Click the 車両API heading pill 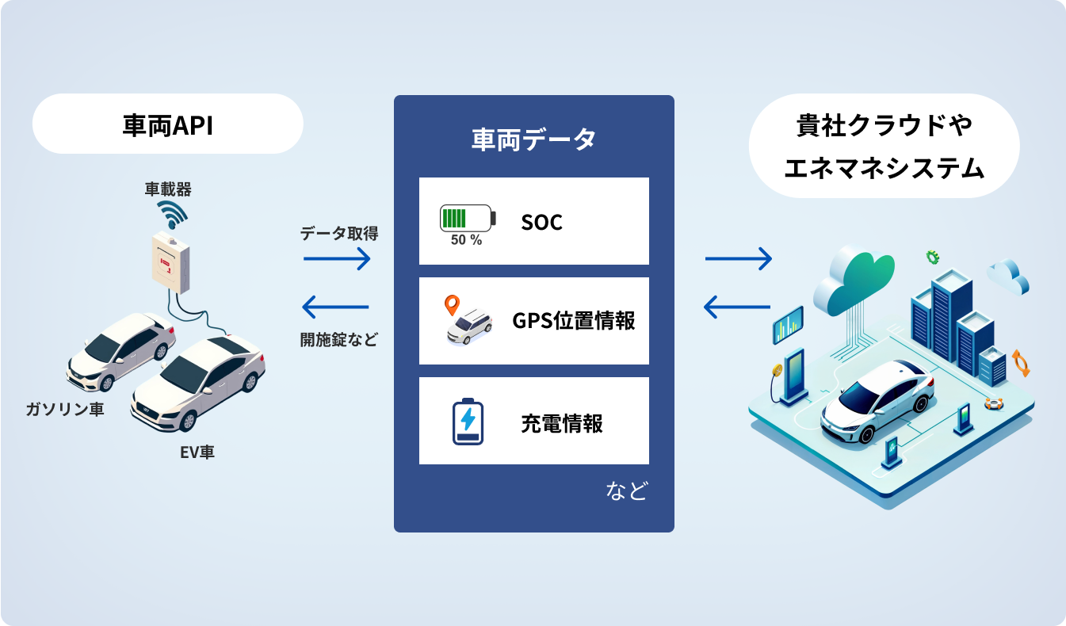(167, 124)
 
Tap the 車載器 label (168, 189)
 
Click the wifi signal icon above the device (171, 214)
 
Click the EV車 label (197, 452)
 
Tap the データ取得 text (339, 234)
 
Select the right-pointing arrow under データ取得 (337, 258)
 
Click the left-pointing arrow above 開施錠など (336, 306)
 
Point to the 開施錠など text (338, 339)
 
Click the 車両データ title (533, 140)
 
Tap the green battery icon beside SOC (468, 217)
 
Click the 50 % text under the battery (466, 240)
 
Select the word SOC (542, 223)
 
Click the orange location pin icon (452, 305)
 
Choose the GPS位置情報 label (574, 321)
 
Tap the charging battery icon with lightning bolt (468, 421)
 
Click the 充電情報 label (562, 423)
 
